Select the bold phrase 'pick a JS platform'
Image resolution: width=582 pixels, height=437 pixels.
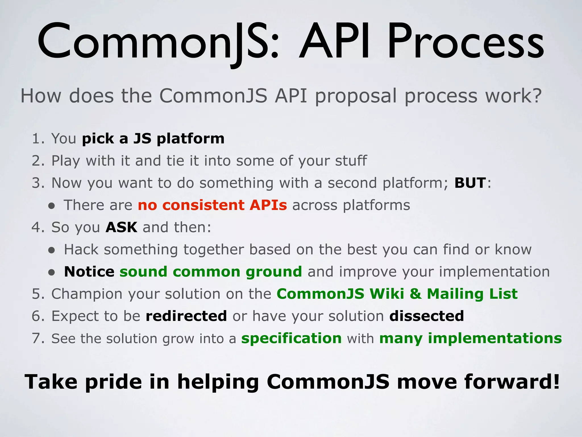click(153, 139)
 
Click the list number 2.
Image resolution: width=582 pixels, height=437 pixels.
click(37, 161)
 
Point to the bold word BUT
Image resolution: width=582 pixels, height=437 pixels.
click(470, 183)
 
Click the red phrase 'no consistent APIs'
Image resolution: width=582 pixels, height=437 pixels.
click(212, 205)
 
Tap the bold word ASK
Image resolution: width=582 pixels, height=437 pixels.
click(121, 227)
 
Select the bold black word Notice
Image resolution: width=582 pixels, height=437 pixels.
click(89, 272)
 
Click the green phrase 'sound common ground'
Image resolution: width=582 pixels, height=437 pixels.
click(211, 272)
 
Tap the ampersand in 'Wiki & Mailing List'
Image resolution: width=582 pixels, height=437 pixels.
click(415, 294)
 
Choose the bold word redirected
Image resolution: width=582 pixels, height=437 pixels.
click(186, 316)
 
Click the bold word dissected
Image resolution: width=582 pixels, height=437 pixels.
click(427, 316)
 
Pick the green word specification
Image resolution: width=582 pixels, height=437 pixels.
click(291, 339)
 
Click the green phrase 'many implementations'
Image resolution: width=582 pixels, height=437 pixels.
click(470, 339)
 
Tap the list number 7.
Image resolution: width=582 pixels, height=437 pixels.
click(37, 339)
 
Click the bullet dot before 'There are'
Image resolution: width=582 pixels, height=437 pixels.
click(51, 206)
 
